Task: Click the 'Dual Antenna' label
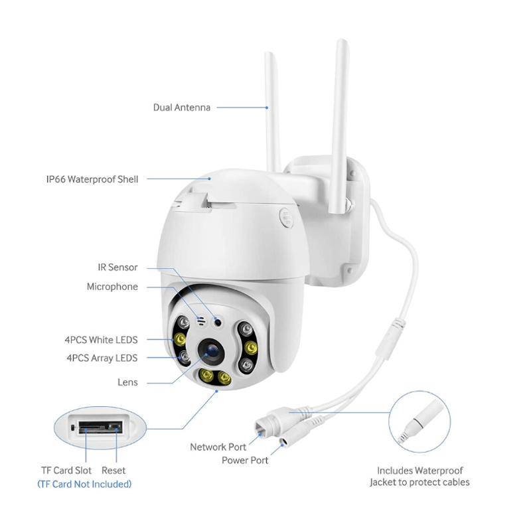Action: (181, 108)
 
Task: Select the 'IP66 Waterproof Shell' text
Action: (92, 179)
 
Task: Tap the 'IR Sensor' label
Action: (117, 267)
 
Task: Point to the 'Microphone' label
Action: (112, 287)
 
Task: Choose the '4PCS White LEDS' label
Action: (101, 340)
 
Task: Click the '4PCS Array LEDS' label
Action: (102, 358)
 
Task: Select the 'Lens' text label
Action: (127, 382)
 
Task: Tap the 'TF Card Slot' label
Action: (66, 471)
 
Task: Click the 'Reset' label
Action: (114, 471)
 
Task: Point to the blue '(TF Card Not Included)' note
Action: (84, 485)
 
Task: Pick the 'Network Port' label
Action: (218, 447)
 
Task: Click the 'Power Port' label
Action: (245, 460)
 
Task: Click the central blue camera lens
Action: (212, 351)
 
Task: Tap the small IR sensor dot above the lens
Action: (218, 323)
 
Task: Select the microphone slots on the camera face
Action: (201, 321)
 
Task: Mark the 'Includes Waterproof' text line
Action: (420, 471)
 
